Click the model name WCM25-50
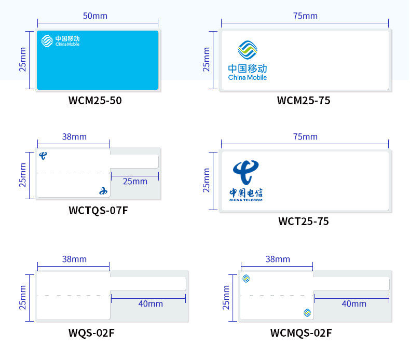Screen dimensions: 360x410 [x=95, y=100]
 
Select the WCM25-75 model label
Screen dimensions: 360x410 [x=304, y=100]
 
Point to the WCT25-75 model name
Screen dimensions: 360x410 [x=304, y=221]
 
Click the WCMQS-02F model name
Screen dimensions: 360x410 [x=300, y=333]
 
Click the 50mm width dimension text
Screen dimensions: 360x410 [x=95, y=16]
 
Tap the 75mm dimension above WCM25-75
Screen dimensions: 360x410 [x=305, y=16]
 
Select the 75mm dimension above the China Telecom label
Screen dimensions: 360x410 [x=305, y=136]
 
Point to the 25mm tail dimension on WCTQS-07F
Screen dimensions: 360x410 [x=135, y=181]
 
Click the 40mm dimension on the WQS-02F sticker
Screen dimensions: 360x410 [x=151, y=303]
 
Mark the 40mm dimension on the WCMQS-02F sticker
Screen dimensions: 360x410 [x=354, y=303]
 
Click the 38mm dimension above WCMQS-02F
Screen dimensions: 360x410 [x=278, y=259]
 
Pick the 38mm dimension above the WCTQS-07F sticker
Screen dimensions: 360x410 [x=74, y=136]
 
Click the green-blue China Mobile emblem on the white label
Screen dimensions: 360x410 [x=248, y=50]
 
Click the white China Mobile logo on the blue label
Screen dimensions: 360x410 [x=48, y=40]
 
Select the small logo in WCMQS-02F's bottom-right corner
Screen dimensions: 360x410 [x=307, y=312]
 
